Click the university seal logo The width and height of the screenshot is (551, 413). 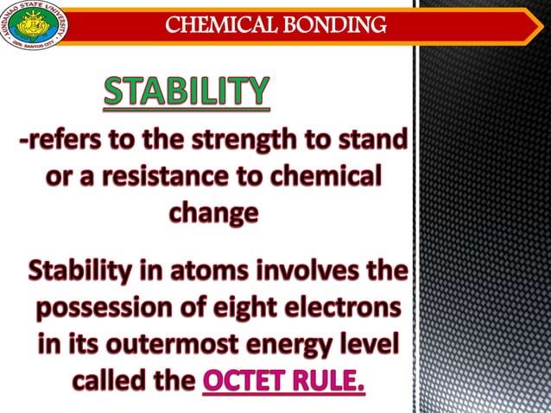[x=33, y=25]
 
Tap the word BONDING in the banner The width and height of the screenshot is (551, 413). [x=338, y=25]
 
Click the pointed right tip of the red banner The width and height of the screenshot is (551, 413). [x=538, y=25]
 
